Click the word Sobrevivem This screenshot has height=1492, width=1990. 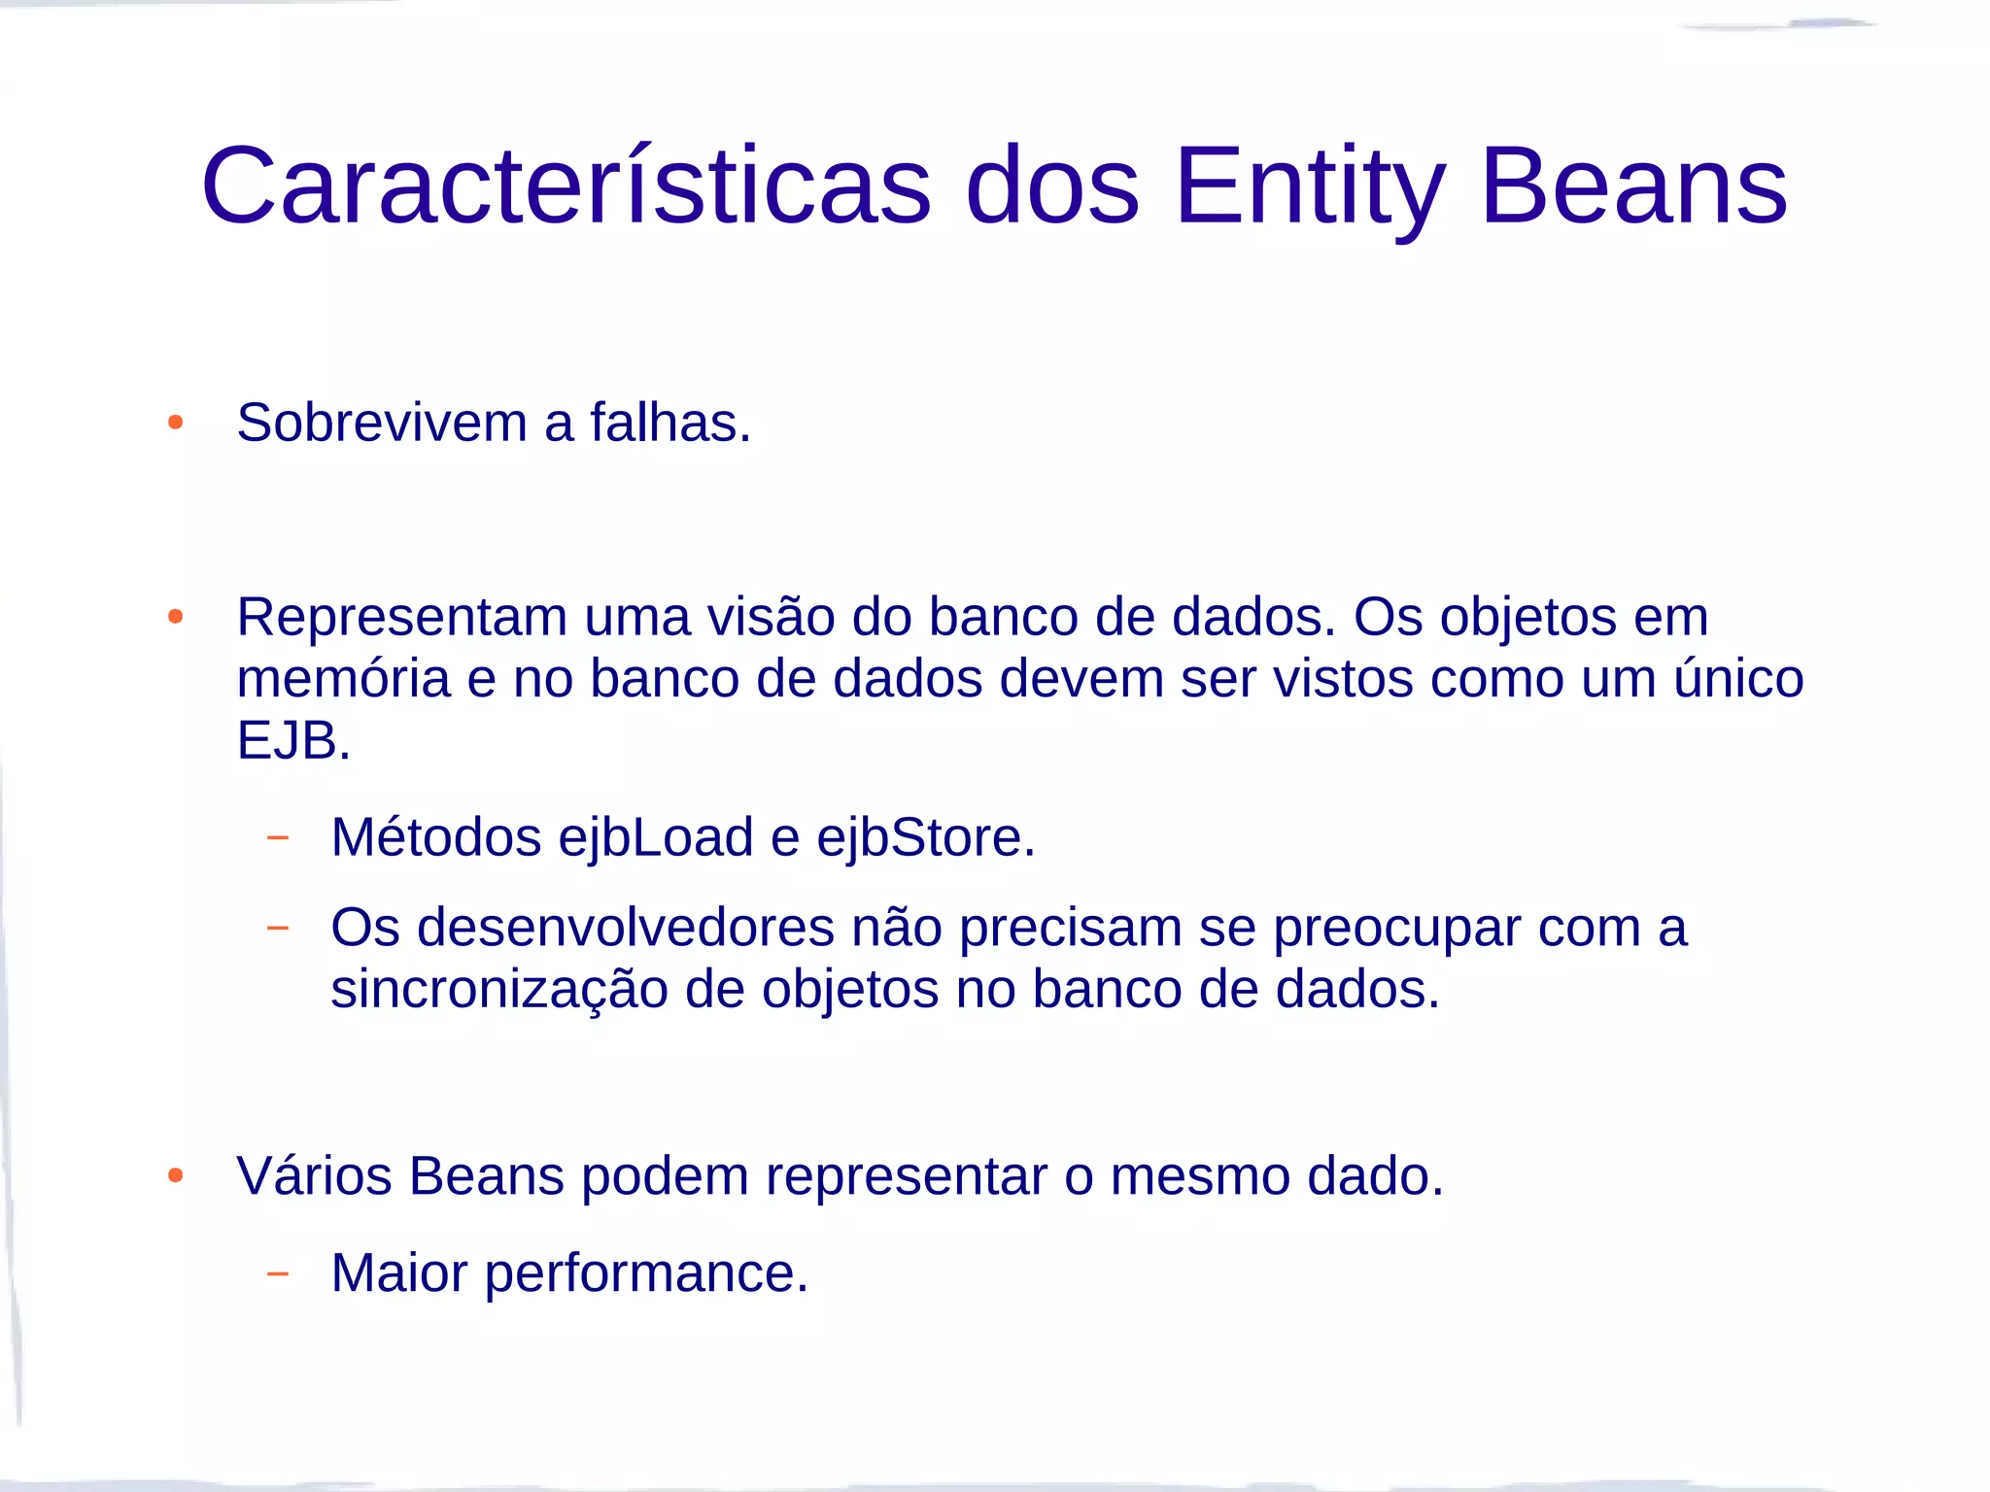click(382, 423)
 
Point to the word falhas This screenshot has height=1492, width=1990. click(670, 423)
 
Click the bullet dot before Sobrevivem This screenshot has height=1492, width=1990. click(176, 423)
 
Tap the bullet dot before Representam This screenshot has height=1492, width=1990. click(176, 617)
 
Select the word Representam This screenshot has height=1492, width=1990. click(402, 618)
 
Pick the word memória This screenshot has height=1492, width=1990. click(344, 679)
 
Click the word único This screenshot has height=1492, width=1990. click(1738, 679)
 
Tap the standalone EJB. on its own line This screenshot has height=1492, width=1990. click(293, 740)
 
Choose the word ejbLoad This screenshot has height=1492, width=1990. click(656, 837)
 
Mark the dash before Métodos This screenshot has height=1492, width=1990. click(278, 836)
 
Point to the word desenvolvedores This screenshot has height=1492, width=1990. click(626, 927)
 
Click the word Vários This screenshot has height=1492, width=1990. click(314, 1176)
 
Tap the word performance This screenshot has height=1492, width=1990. click(646, 1273)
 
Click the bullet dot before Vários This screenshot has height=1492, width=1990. click(176, 1176)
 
